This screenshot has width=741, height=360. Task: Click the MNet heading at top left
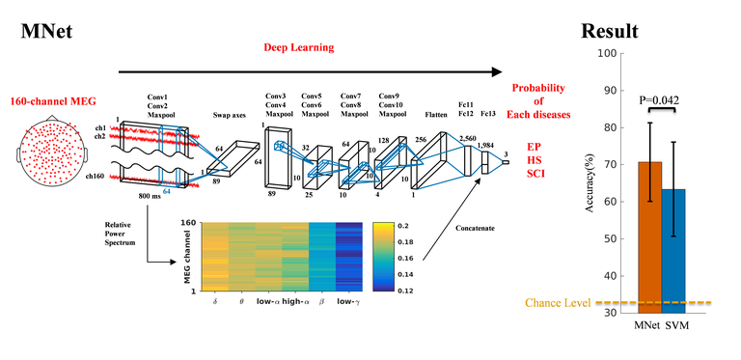tap(48, 32)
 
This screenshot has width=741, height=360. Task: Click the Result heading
tap(610, 32)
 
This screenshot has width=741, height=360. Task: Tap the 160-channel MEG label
tap(52, 100)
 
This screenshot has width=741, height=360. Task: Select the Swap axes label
tap(232, 113)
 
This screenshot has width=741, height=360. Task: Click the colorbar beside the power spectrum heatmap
tap(380, 255)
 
